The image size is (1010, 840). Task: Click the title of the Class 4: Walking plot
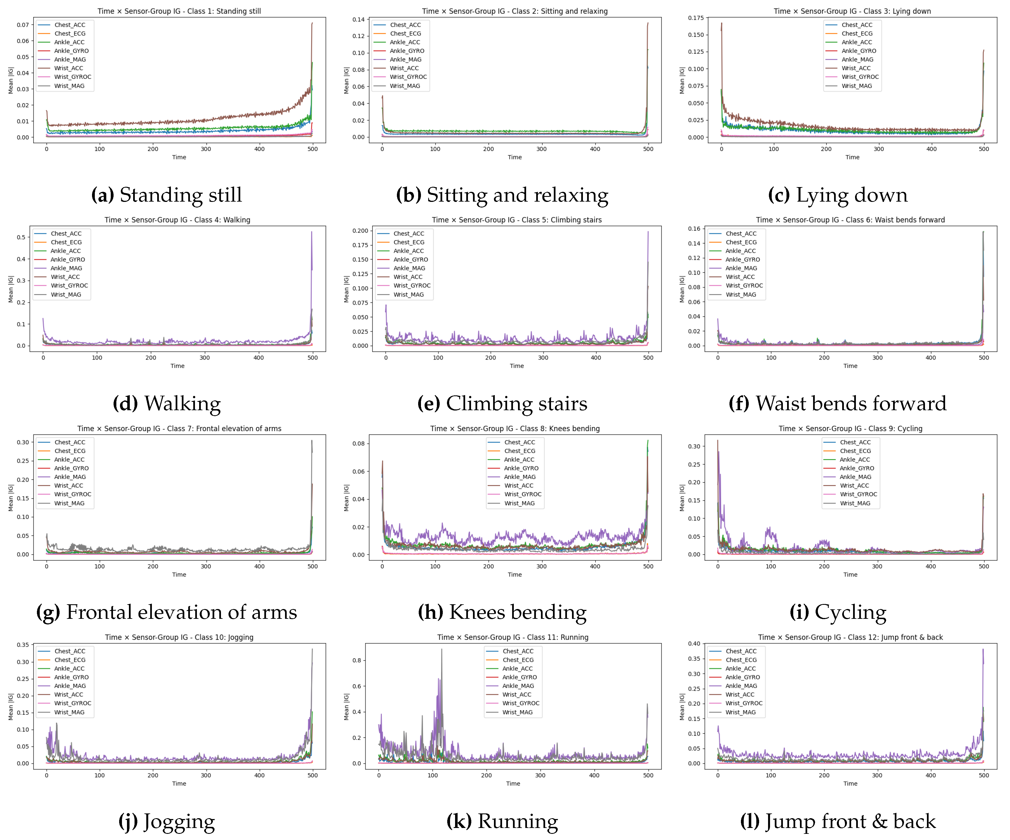(x=178, y=220)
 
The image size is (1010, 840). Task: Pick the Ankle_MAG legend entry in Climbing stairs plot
(x=409, y=268)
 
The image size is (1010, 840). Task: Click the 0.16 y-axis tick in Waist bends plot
(x=694, y=229)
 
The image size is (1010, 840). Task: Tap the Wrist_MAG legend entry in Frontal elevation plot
(x=69, y=503)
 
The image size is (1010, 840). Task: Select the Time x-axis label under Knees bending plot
(x=515, y=575)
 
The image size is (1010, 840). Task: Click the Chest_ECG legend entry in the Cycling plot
(x=855, y=451)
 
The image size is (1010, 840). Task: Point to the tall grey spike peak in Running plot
(x=442, y=650)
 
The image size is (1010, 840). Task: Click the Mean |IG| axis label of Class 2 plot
(x=346, y=80)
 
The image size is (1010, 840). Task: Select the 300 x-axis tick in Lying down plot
(x=879, y=149)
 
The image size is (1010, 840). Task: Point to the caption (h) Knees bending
(x=502, y=612)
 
